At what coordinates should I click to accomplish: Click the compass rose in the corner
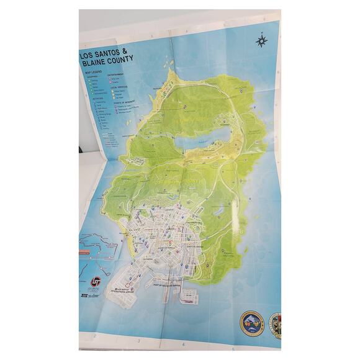(261, 41)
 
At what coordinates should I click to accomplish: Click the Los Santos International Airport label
(122, 289)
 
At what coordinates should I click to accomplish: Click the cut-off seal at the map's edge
(275, 324)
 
